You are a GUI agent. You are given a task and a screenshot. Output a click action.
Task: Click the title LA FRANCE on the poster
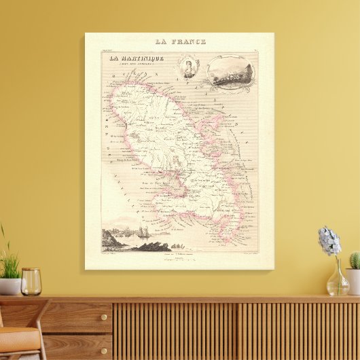pos(179,41)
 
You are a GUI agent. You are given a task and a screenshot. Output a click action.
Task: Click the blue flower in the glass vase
pos(329,240)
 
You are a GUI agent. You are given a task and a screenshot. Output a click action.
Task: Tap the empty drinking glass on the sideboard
pos(31,281)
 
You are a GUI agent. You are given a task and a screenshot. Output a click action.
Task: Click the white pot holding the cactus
pos(353,280)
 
